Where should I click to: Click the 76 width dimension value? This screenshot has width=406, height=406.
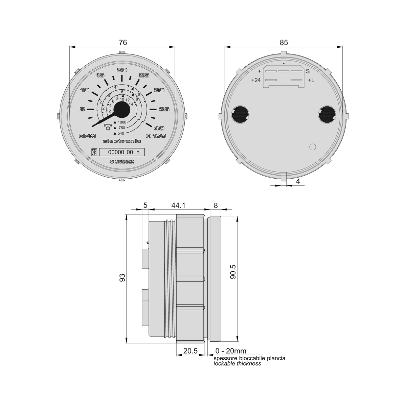(x=123, y=43)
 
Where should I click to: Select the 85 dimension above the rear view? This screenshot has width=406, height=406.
(x=284, y=43)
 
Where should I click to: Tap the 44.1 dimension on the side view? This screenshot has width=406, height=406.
(x=178, y=205)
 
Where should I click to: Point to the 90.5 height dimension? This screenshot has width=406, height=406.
(x=233, y=272)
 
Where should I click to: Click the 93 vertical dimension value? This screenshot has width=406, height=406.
(x=122, y=278)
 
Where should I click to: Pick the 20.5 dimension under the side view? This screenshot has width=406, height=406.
(x=190, y=351)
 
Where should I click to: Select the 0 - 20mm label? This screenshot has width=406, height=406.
(x=231, y=351)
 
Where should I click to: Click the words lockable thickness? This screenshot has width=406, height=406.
(x=237, y=363)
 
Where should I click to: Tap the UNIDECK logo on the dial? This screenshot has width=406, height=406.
(x=122, y=162)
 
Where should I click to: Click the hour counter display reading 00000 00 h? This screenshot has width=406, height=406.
(x=122, y=152)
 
